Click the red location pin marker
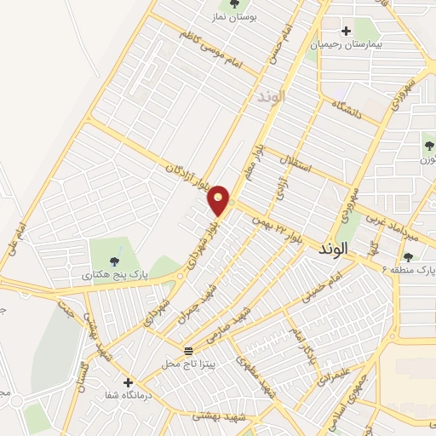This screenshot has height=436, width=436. tap(220, 198)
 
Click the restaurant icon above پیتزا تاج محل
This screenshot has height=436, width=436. tap(188, 350)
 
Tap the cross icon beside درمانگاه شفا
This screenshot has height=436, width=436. tap(128, 382)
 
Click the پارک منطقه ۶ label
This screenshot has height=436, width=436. tap(407, 271)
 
